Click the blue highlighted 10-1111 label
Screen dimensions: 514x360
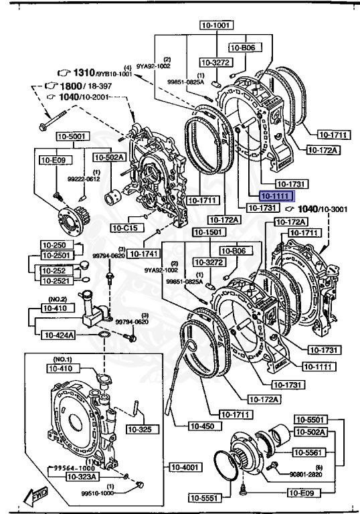(275, 197)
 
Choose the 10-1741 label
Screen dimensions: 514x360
(143, 254)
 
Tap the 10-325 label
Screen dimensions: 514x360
(140, 429)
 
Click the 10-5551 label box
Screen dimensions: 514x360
(203, 497)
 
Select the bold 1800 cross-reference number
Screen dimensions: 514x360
(70, 86)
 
